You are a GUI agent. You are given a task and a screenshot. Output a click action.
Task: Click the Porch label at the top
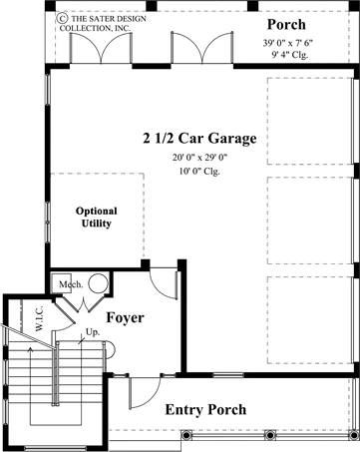pos(286,25)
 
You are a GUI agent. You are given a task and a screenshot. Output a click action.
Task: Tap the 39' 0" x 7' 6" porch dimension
pos(288,43)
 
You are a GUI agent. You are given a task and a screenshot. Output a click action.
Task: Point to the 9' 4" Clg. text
pos(289,55)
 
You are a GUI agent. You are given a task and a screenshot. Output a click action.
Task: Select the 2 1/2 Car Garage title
pos(199,139)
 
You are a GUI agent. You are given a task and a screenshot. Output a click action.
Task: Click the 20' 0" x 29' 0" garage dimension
pos(199,158)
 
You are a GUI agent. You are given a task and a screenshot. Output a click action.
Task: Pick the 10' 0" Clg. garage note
pos(199,172)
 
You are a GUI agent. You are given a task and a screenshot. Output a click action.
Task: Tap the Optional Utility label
pos(97,217)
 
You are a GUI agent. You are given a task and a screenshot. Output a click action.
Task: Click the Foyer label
pos(125,317)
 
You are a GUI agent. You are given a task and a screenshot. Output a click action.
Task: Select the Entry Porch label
pos(205,410)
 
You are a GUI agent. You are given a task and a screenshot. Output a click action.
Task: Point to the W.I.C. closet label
pos(39,318)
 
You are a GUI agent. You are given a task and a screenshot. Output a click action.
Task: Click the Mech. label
pos(71,284)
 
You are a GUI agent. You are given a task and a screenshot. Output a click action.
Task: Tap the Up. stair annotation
pos(93,332)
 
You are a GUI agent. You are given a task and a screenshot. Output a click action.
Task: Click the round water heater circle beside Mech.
pos(99,283)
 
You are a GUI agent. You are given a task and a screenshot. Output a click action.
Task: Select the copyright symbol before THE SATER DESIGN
pos(62,18)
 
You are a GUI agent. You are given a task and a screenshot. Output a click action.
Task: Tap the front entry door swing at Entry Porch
pos(145,393)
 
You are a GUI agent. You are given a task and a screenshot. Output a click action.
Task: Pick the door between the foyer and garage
pos(164,283)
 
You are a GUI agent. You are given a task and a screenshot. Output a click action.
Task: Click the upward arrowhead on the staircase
pos(31,349)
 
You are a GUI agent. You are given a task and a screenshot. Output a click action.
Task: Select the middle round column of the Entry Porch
pos(270,435)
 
